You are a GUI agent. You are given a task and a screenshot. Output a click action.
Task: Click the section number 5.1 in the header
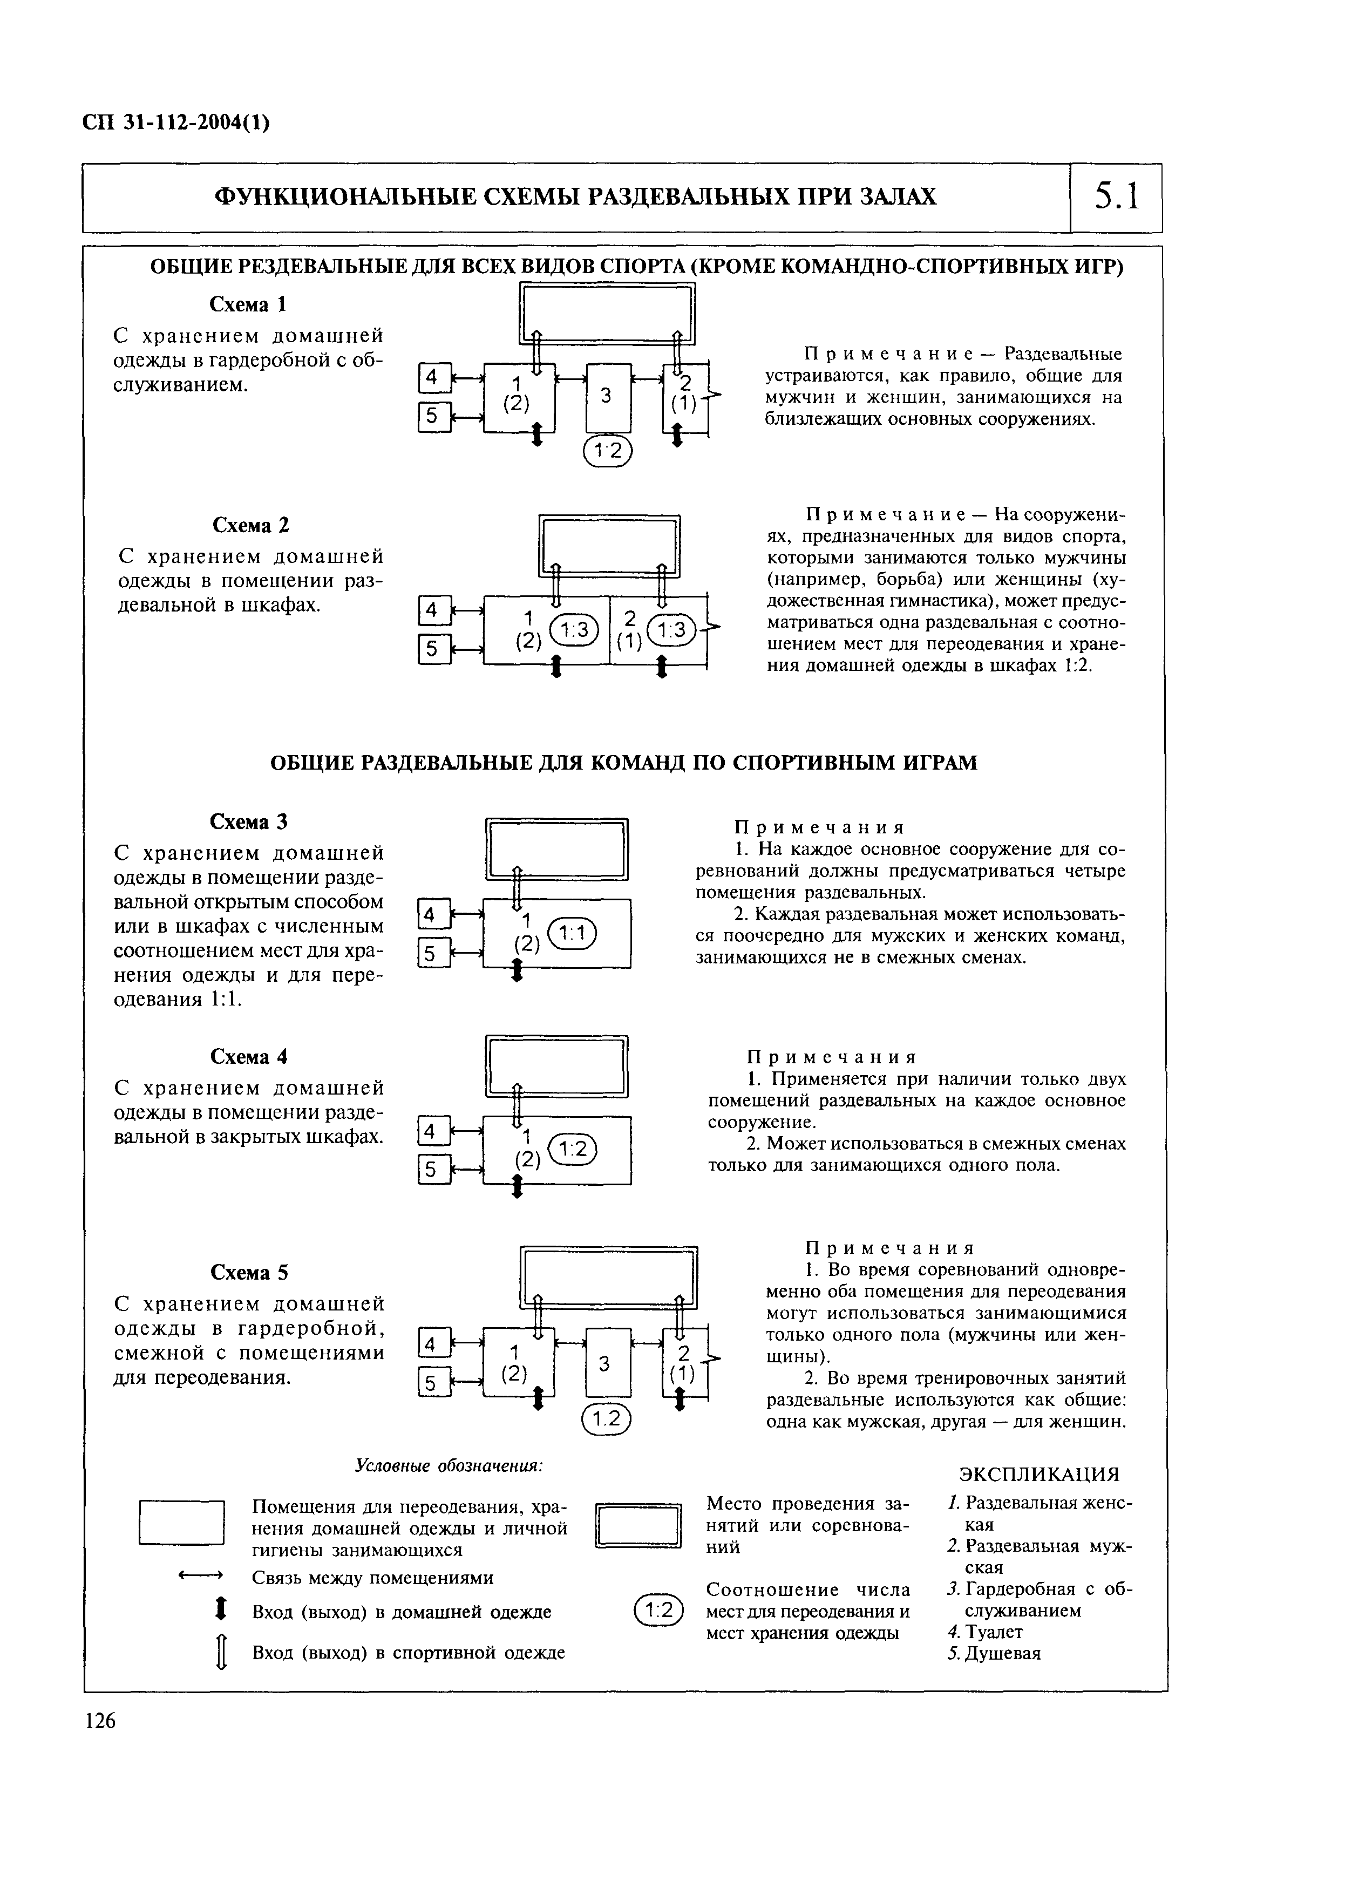coord(1116,198)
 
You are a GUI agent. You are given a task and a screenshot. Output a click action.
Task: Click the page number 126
coord(100,1721)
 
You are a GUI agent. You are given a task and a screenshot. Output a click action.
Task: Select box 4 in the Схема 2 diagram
coord(432,610)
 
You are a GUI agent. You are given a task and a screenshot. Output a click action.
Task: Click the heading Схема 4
coord(249,1056)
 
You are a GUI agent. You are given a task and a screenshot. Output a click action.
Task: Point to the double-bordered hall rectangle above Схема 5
coord(609,1278)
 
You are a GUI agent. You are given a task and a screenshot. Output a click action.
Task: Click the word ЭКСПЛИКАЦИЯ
coord(1039,1474)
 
